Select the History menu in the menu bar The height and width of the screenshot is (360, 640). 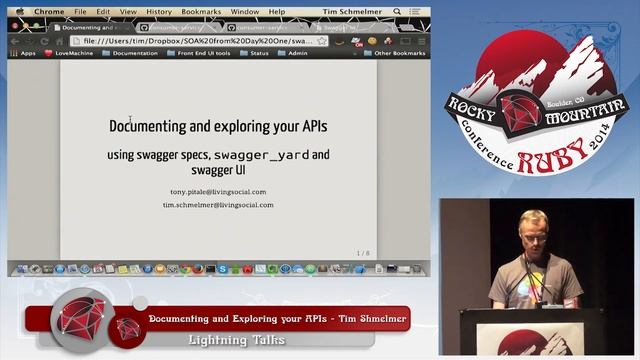pyautogui.click(x=159, y=12)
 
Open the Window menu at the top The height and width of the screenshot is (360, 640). pyautogui.click(x=245, y=12)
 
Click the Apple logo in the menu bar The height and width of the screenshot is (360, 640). pyautogui.click(x=20, y=12)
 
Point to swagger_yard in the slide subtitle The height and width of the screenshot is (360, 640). pyautogui.click(x=261, y=156)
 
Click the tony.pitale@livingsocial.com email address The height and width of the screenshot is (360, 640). pyautogui.click(x=218, y=190)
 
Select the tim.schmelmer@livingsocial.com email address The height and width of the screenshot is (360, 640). pyautogui.click(x=218, y=205)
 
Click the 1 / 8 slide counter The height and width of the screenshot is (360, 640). pyautogui.click(x=363, y=253)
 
